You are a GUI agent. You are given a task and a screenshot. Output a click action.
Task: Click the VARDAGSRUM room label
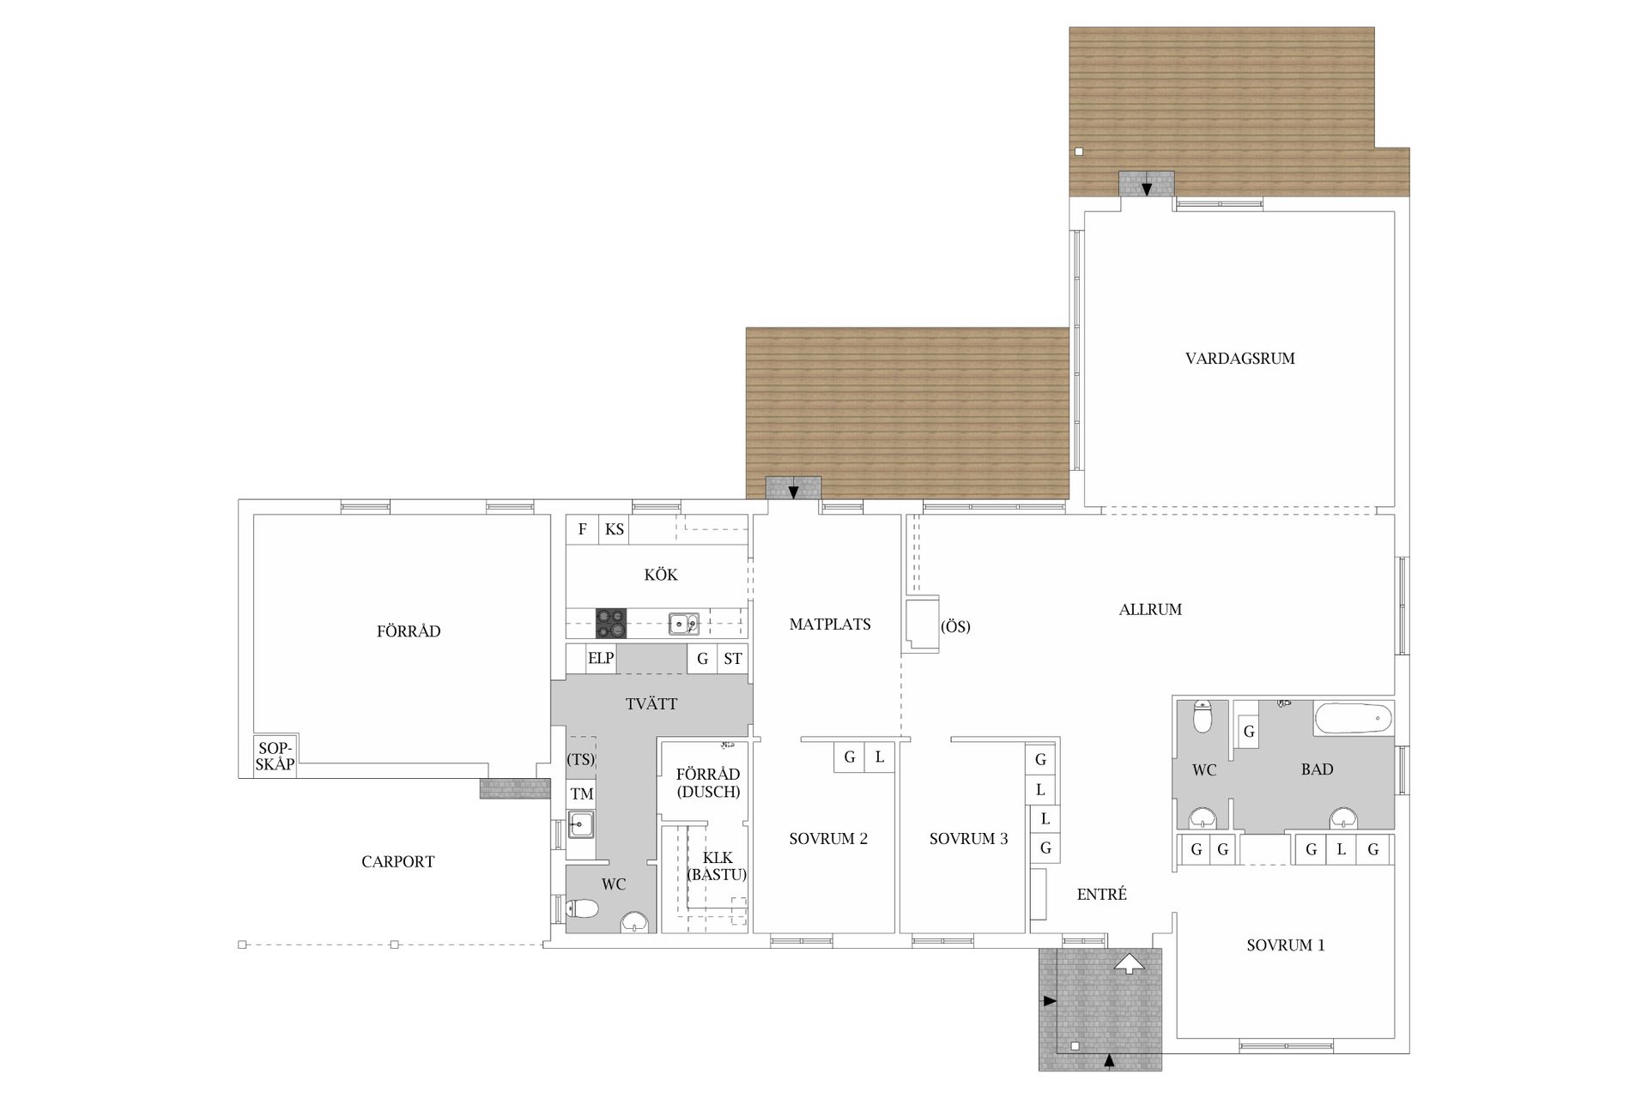(1239, 359)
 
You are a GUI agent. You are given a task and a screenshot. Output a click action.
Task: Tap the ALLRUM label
(1150, 610)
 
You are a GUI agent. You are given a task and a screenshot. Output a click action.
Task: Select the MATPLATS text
(830, 624)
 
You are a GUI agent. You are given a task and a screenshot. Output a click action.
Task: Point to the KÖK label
(661, 575)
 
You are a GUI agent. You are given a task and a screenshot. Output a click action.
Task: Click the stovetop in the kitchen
(611, 624)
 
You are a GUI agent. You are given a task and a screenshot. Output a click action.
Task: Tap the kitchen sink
(684, 624)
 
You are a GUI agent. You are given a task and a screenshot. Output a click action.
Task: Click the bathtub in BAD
(1354, 718)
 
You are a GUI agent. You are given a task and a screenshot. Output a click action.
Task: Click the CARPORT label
(397, 862)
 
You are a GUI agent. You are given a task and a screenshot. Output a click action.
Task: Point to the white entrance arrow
(1130, 962)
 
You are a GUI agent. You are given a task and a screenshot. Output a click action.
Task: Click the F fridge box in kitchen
(582, 529)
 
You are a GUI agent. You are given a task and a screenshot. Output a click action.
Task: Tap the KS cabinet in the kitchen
(614, 529)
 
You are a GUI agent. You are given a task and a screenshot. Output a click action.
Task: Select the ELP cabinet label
(601, 658)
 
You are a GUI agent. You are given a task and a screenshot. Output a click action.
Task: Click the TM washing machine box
(581, 794)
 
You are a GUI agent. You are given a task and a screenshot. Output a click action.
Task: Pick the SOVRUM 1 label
(1285, 945)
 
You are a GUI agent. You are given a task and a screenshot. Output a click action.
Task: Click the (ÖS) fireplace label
(955, 626)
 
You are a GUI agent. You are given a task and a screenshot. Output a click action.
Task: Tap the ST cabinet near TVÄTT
(732, 659)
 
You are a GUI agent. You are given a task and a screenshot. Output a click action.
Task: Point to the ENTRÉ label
(1101, 894)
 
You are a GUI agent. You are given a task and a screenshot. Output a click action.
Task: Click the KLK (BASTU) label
(717, 866)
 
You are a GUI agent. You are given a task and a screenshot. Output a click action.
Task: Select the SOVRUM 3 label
(968, 839)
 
